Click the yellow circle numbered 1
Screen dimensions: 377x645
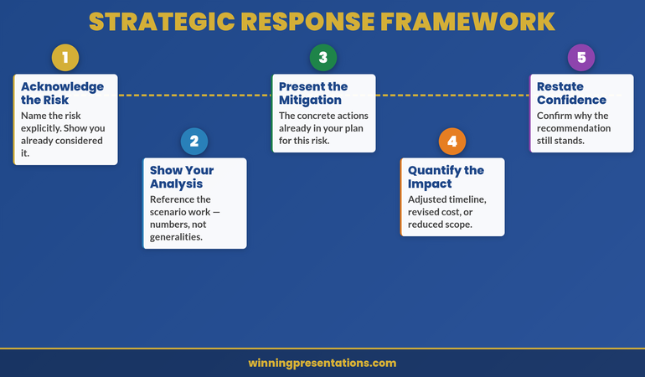click(65, 58)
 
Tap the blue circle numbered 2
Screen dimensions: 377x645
click(194, 142)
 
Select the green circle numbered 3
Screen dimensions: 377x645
click(323, 58)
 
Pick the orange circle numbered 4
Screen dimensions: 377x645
click(452, 142)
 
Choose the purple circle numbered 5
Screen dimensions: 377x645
click(581, 58)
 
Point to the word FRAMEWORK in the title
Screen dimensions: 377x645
click(473, 21)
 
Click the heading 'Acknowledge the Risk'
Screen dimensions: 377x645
click(62, 93)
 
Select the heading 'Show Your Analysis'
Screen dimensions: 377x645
click(182, 177)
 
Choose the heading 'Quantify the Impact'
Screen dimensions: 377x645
click(446, 177)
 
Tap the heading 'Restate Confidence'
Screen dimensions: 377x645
click(571, 93)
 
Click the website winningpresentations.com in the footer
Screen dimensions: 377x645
click(322, 364)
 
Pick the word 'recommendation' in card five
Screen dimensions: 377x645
click(574, 128)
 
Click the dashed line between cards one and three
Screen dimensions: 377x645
click(194, 96)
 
